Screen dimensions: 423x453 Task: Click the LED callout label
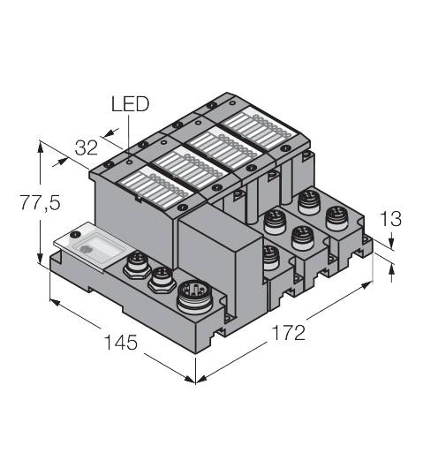pyautogui.click(x=130, y=104)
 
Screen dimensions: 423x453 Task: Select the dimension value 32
pyautogui.click(x=86, y=147)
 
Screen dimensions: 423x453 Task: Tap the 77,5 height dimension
pyautogui.click(x=40, y=202)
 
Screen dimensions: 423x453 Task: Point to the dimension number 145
pyautogui.click(x=121, y=342)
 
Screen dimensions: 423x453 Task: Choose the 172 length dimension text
pyautogui.click(x=288, y=332)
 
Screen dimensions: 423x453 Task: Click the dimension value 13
pyautogui.click(x=390, y=219)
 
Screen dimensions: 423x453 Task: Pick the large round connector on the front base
pyautogui.click(x=194, y=297)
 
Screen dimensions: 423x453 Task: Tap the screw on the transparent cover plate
pyautogui.click(x=76, y=235)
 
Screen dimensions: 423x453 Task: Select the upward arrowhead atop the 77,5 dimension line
pyautogui.click(x=40, y=147)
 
